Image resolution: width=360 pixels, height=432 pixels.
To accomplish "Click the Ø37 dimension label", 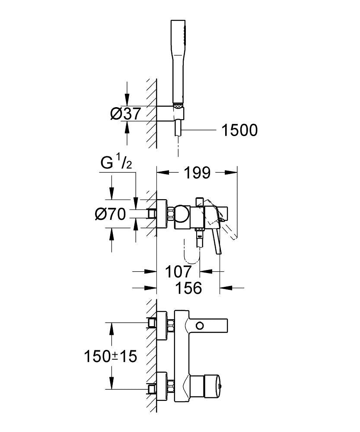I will pyautogui.click(x=126, y=114).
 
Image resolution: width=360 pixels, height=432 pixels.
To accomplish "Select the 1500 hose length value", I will pyautogui.click(x=239, y=130).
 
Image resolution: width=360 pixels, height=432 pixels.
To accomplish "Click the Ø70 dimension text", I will pyautogui.click(x=111, y=214).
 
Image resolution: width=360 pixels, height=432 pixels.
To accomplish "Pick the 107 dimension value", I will pyautogui.click(x=178, y=272).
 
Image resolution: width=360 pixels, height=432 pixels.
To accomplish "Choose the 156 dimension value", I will pyautogui.click(x=188, y=288).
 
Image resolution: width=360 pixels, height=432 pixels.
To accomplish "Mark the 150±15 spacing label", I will pyautogui.click(x=110, y=356).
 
